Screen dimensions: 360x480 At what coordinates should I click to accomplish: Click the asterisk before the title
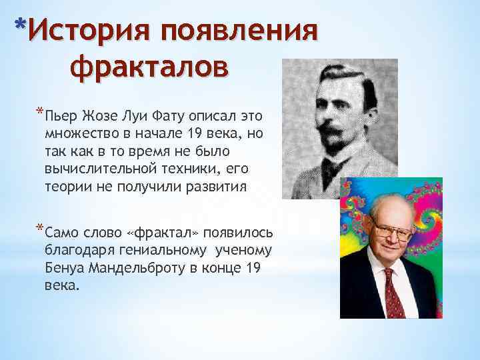tap(21, 27)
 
